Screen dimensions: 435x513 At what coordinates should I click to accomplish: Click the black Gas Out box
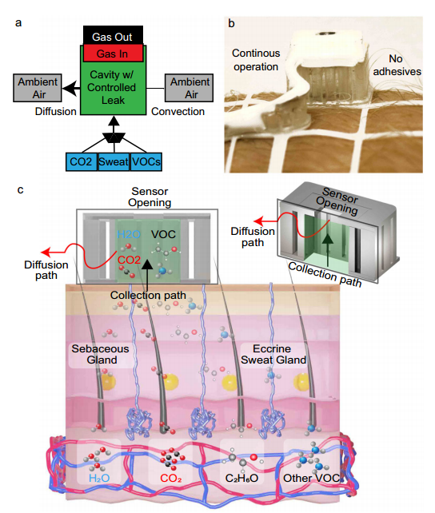point(113,35)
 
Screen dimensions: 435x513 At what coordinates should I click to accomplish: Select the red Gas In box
point(113,54)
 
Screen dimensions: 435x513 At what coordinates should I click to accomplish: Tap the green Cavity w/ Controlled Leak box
point(113,88)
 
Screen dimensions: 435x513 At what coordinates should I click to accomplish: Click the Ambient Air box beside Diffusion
point(38,88)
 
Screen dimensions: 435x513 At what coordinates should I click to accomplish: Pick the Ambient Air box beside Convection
point(190,88)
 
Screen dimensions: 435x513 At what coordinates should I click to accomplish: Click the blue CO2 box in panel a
point(82,161)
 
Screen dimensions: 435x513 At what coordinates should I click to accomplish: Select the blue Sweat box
point(114,161)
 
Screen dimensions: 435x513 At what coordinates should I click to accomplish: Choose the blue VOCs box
point(146,161)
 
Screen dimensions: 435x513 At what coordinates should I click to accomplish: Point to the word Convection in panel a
point(178,112)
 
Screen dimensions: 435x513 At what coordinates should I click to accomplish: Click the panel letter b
point(231,23)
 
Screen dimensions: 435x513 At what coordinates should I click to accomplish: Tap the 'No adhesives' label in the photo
point(397,65)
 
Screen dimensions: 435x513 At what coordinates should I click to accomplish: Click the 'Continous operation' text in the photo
point(256,60)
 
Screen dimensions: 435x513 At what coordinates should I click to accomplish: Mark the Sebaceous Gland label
point(101,354)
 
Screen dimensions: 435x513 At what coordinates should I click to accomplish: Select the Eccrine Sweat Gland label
point(273,354)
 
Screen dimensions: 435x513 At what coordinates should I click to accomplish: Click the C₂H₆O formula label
point(241,479)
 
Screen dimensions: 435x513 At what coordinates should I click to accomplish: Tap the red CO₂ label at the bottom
point(171,479)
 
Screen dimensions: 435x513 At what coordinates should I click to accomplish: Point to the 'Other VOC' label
point(312,479)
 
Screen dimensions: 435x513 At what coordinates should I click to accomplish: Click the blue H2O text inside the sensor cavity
point(129,234)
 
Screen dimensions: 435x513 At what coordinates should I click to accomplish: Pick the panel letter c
point(20,189)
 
